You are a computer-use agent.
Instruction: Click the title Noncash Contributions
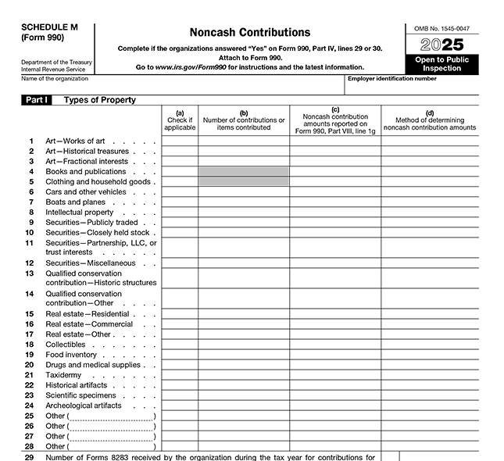pos(249,33)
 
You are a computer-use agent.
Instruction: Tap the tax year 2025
pos(442,45)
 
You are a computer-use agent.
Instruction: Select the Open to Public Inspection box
pos(442,64)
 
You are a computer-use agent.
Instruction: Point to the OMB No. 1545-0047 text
pos(442,28)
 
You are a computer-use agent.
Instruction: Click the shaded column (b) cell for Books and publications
pos(244,171)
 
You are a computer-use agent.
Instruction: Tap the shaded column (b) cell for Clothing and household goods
pos(244,181)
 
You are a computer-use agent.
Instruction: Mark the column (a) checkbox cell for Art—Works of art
pos(180,141)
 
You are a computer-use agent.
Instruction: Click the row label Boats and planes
pos(75,202)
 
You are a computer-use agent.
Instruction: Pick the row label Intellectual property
pos(80,212)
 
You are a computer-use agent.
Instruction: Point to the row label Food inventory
pos(71,355)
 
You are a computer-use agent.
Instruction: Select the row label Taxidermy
pos(64,375)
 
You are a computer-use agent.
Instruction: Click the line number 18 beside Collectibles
pos(29,345)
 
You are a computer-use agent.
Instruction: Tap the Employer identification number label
pos(391,79)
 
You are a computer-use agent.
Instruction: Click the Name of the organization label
pos(55,79)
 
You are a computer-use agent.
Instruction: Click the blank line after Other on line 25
pos(112,416)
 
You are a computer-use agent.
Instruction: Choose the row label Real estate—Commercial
pos(89,324)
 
